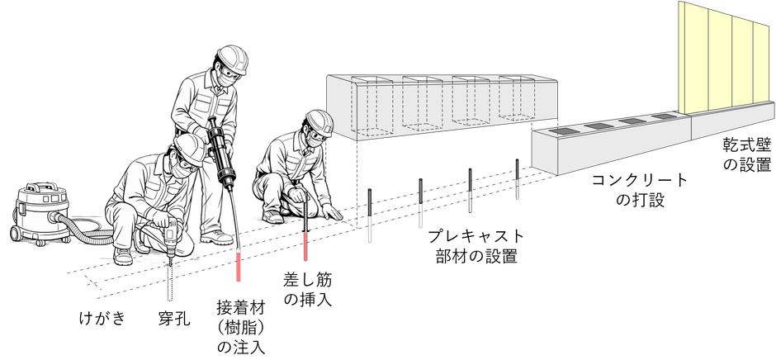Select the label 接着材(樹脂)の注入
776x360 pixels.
pyautogui.click(x=241, y=327)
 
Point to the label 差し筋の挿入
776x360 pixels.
pyautogui.click(x=307, y=290)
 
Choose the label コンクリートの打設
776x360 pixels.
pyautogui.click(x=640, y=190)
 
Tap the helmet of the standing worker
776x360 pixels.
pyautogui.click(x=233, y=59)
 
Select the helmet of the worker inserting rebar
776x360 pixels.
pyautogui.click(x=319, y=122)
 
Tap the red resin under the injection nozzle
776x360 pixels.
pyautogui.click(x=239, y=268)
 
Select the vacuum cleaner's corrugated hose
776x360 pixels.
pyautogui.click(x=89, y=233)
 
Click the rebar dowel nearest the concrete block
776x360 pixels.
pyautogui.click(x=517, y=179)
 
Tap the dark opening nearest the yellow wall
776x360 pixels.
pyautogui.click(x=663, y=116)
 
